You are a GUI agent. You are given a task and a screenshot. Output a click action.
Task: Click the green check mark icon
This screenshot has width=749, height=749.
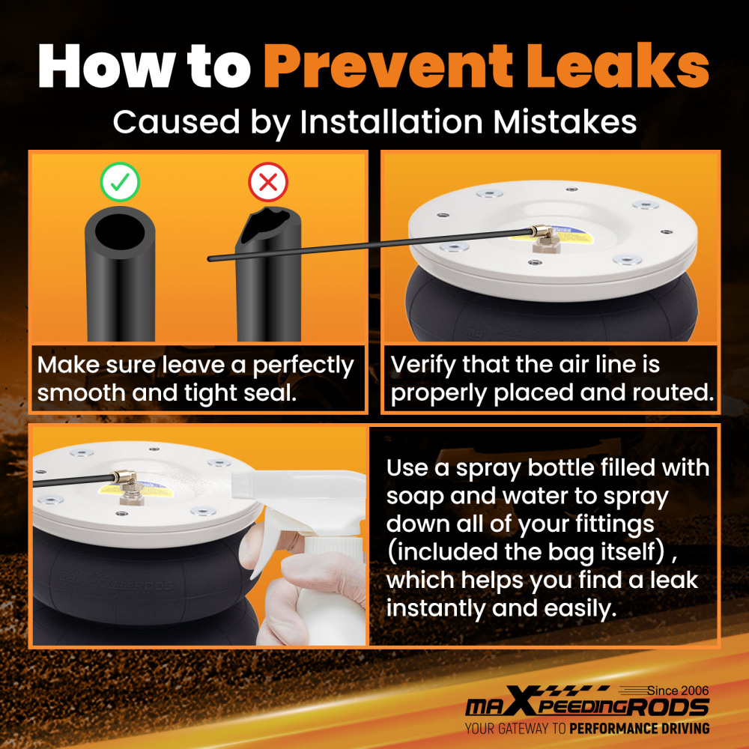(120, 182)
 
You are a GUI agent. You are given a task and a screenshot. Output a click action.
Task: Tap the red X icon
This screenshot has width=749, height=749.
(268, 182)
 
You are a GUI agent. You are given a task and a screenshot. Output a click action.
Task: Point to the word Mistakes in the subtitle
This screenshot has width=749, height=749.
(565, 122)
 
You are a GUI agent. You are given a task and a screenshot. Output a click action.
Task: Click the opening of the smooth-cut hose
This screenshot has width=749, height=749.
(119, 231)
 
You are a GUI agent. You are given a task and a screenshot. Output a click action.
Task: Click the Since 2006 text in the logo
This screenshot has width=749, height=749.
(679, 691)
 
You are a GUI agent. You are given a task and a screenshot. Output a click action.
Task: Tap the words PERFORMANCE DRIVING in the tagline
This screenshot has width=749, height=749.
(639, 729)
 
